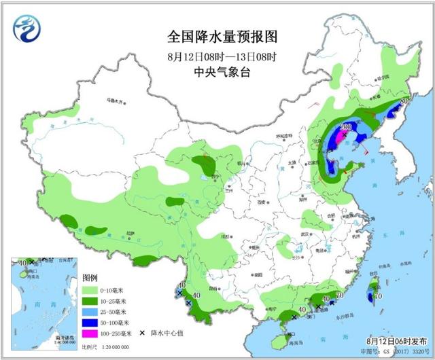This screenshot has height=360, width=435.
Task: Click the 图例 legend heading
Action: pyautogui.click(x=90, y=278)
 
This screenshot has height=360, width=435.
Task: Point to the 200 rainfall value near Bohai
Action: pyautogui.click(x=345, y=127)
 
